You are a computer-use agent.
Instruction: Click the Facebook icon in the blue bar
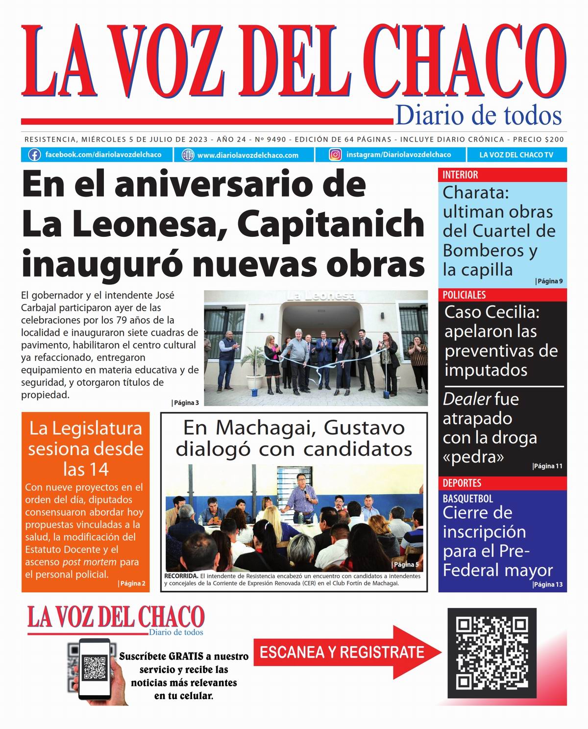[34, 155]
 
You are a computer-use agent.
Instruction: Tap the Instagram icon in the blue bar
[335, 155]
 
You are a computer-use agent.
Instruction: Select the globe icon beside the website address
[188, 155]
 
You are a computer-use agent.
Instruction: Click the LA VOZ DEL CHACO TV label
[516, 155]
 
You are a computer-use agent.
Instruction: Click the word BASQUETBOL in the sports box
[468, 499]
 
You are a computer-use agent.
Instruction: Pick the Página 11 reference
[547, 466]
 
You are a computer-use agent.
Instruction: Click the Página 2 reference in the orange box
[132, 583]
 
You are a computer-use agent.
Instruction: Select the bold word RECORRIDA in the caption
[181, 576]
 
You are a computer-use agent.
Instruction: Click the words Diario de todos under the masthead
[478, 116]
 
